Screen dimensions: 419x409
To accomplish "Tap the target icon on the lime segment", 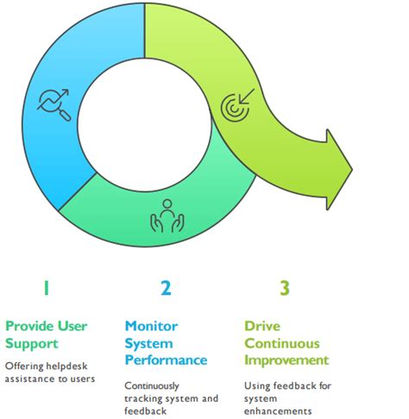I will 236,105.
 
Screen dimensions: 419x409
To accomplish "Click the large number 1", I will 46,288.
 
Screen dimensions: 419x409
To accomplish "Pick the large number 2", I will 165,288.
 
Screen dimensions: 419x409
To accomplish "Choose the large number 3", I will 284,288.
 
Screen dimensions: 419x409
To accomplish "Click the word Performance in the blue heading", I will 166,359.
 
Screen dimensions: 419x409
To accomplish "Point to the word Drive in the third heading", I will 261,326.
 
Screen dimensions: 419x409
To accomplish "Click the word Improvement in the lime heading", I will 286,359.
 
